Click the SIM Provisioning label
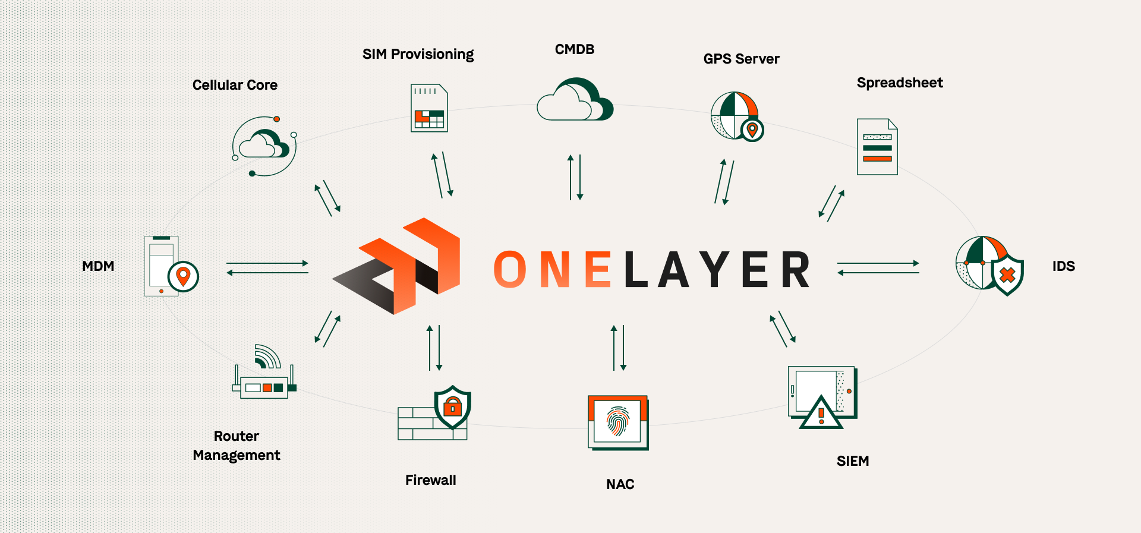tap(418, 55)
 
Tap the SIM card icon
tap(429, 108)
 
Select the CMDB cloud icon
tap(574, 100)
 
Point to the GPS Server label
tap(741, 59)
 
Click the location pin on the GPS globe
tap(752, 130)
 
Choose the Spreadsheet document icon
tap(877, 147)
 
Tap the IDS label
tap(1063, 266)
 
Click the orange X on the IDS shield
tap(1007, 275)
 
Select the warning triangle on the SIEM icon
tap(821, 412)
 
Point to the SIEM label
tap(852, 461)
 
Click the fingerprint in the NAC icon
tap(618, 421)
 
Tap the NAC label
tap(620, 484)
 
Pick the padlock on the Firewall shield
tap(453, 407)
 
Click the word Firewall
tap(430, 480)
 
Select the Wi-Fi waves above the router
tap(266, 356)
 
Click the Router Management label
tap(237, 446)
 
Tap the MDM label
tap(98, 266)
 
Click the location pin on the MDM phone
tap(183, 276)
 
